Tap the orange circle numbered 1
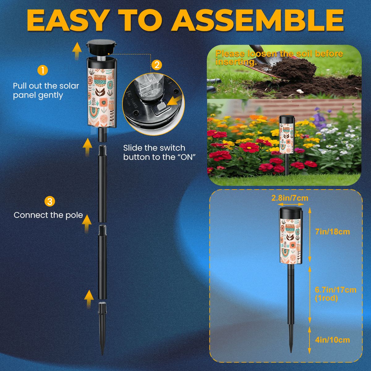[43, 70]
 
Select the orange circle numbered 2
[157, 65]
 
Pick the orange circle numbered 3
[50, 201]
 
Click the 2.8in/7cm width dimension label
[290, 198]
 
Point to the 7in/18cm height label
[332, 232]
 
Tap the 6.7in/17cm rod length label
[335, 290]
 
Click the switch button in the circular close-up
[161, 107]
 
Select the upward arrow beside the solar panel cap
[77, 51]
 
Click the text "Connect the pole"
[48, 215]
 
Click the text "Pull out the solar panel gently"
[46, 91]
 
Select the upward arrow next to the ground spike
[89, 299]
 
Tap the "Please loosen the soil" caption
[279, 58]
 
